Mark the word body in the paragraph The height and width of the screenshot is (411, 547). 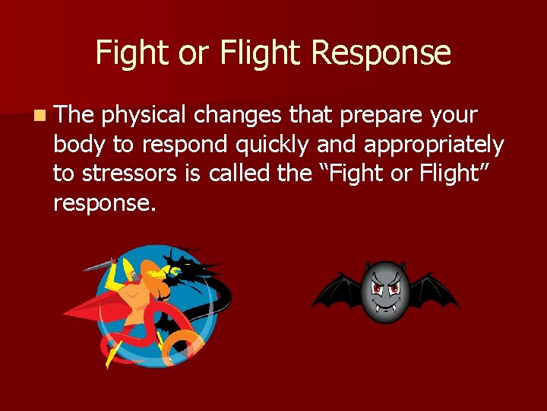(79, 144)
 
